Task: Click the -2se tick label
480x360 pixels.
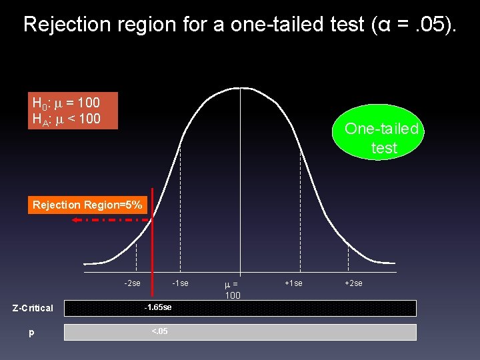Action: (x=132, y=283)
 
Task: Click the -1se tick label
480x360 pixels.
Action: (x=180, y=283)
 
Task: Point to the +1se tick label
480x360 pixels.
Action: (x=293, y=283)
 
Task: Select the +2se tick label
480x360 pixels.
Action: (x=353, y=283)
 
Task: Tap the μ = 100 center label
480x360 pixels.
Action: (x=233, y=289)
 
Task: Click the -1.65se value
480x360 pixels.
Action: (x=158, y=307)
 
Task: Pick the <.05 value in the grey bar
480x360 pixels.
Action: (x=159, y=331)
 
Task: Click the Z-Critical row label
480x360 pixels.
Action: (x=33, y=308)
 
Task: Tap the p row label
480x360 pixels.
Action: (x=31, y=332)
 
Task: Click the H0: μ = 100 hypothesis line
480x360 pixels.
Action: (x=66, y=103)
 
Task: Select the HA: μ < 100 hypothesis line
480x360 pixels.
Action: (x=66, y=119)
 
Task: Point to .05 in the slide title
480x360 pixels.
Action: (x=429, y=25)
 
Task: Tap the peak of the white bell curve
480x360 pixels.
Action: (x=240, y=88)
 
